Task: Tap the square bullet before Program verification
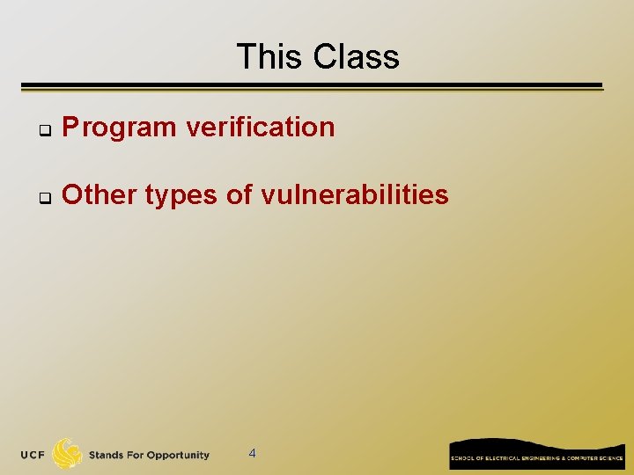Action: (x=41, y=130)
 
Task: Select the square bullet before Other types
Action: (x=41, y=198)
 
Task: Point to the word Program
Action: (x=119, y=128)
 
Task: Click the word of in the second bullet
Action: (x=240, y=194)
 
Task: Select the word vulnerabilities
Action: (x=355, y=194)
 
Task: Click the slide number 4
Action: (x=253, y=453)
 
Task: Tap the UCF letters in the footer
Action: (x=33, y=455)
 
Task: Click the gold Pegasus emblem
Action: (x=67, y=453)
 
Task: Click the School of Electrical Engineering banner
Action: (x=537, y=454)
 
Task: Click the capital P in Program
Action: (x=70, y=128)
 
